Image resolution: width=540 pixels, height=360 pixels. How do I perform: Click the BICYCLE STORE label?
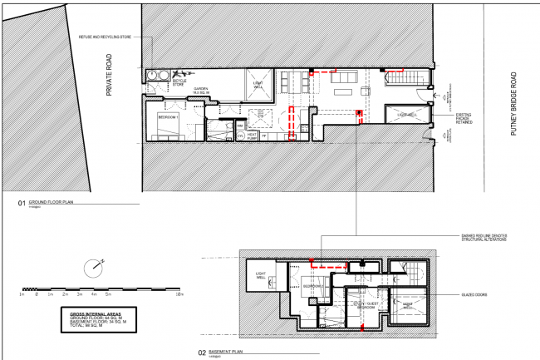tap(179, 82)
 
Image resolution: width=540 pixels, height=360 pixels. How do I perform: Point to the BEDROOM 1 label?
tap(169, 119)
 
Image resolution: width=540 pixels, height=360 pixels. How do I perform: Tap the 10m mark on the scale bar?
tap(179, 294)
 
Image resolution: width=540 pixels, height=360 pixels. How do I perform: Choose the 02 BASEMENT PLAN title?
tap(219, 352)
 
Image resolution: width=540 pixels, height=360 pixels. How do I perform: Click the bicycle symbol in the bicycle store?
tap(179, 74)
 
